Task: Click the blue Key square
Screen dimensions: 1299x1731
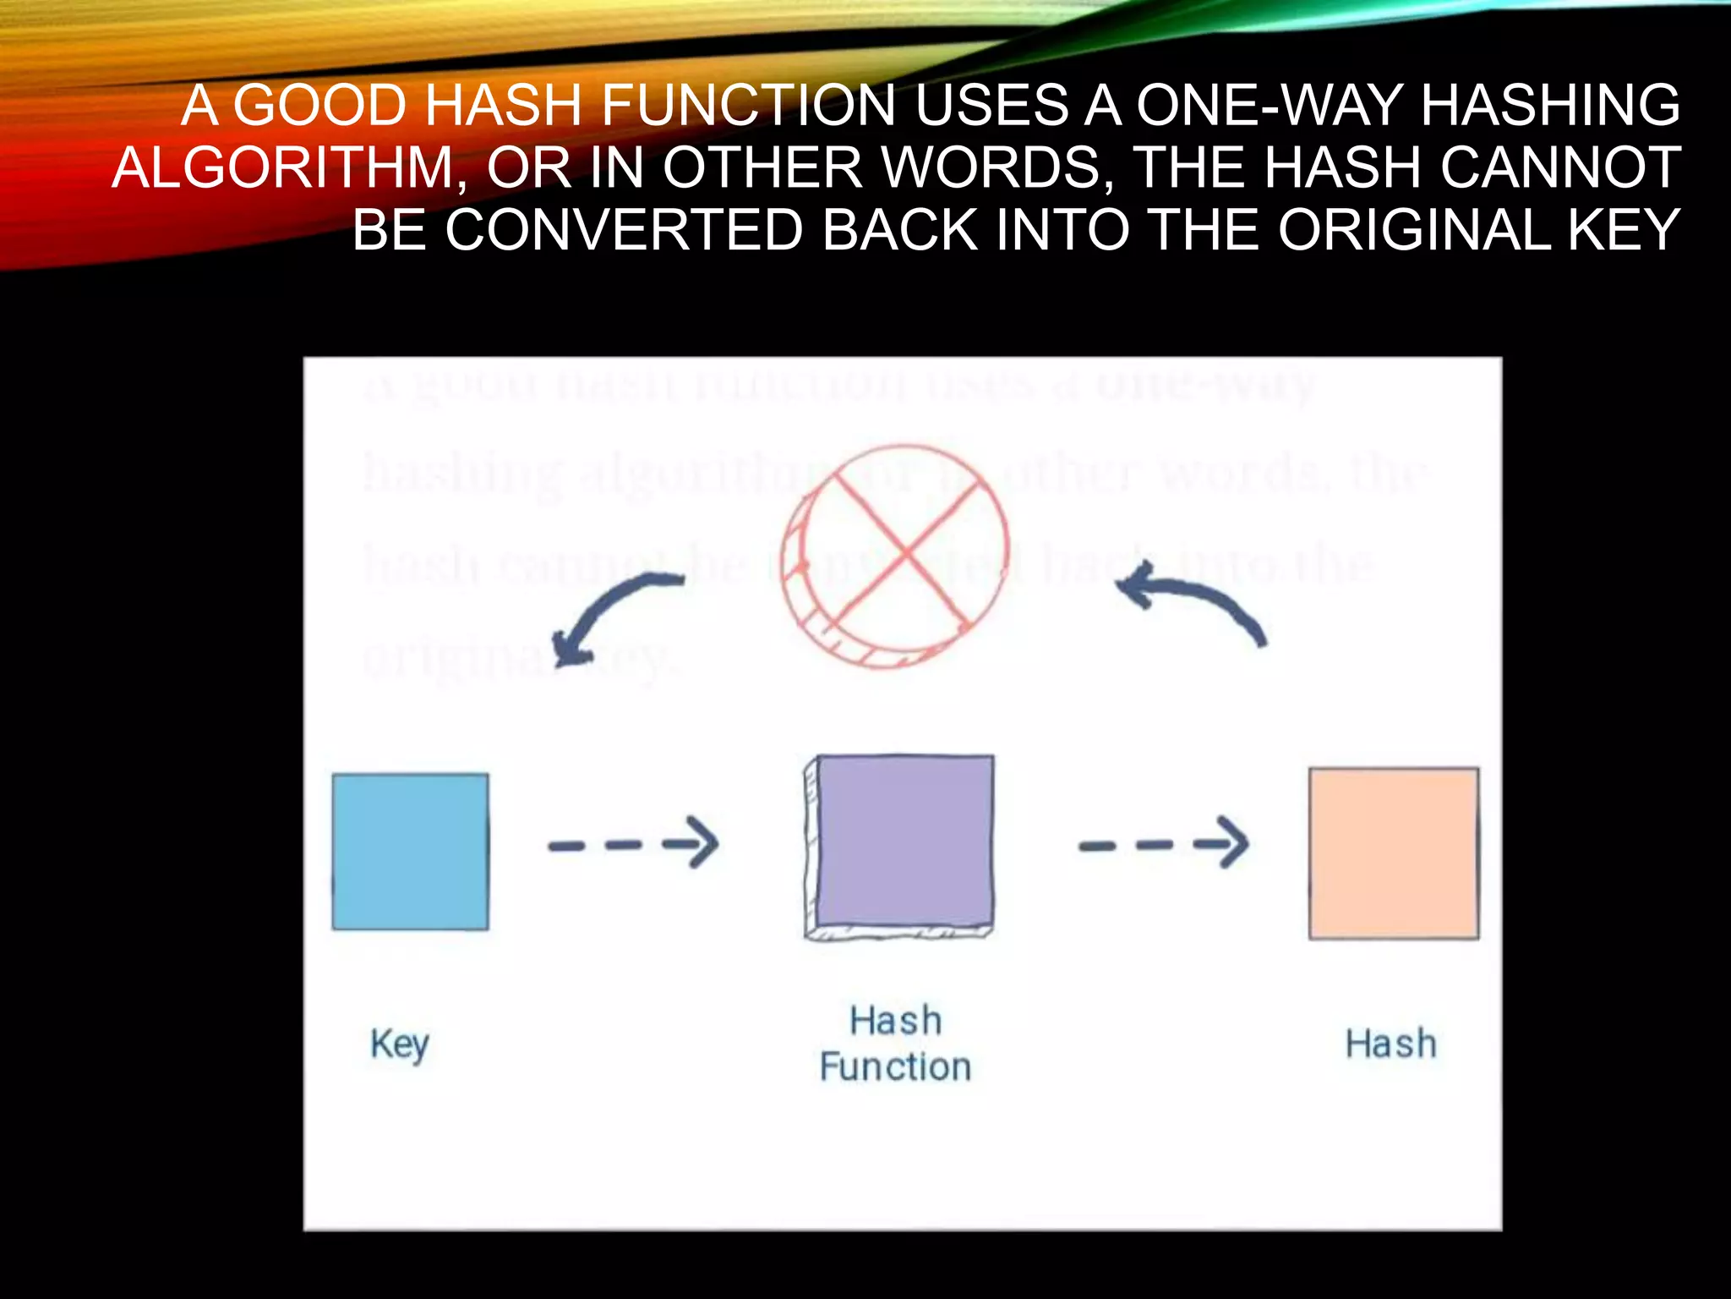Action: point(410,852)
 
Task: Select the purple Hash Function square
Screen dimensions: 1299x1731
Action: point(901,847)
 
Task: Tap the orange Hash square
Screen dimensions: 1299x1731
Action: point(1394,852)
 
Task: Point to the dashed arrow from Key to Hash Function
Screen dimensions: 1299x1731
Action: point(633,843)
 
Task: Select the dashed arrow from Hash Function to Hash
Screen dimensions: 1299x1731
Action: point(1163,843)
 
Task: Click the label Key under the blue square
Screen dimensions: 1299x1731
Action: point(400,1045)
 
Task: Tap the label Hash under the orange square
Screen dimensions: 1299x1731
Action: point(1391,1044)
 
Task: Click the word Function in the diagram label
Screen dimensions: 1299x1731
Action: point(895,1067)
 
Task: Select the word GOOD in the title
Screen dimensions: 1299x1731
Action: point(320,106)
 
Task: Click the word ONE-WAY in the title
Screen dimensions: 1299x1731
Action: point(1271,106)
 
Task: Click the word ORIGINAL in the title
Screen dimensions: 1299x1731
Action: point(1414,230)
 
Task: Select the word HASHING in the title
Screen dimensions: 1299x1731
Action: point(1552,106)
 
